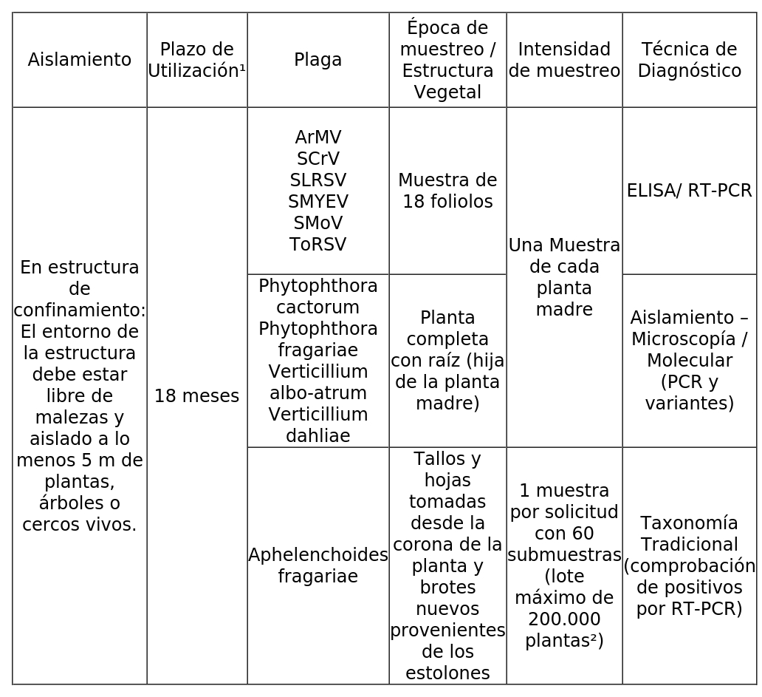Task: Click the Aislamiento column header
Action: point(80,60)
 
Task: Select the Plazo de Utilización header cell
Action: point(196,60)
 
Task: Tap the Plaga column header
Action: point(317,60)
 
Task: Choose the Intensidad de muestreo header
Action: point(564,60)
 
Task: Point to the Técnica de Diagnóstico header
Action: point(689,60)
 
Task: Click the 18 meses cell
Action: point(196,396)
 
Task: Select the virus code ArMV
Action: point(317,137)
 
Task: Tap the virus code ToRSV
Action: point(317,245)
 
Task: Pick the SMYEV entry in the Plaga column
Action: point(317,202)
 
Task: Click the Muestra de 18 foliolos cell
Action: point(447,191)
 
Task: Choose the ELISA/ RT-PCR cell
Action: point(689,191)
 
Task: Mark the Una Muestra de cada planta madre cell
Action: point(564,277)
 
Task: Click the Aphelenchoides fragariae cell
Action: point(317,565)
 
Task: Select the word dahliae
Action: point(317,436)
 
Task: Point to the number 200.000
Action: point(564,619)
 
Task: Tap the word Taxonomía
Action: point(689,523)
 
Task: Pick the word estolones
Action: point(447,673)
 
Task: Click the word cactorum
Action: point(317,307)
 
